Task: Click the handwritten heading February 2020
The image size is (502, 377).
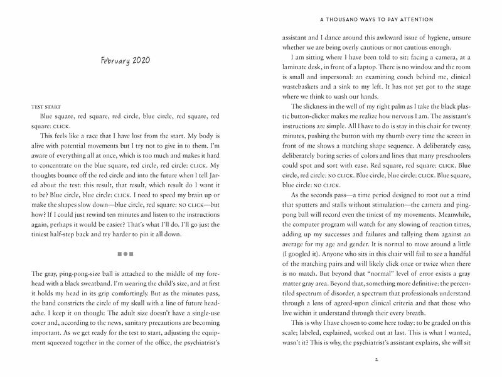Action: pyautogui.click(x=128, y=62)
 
